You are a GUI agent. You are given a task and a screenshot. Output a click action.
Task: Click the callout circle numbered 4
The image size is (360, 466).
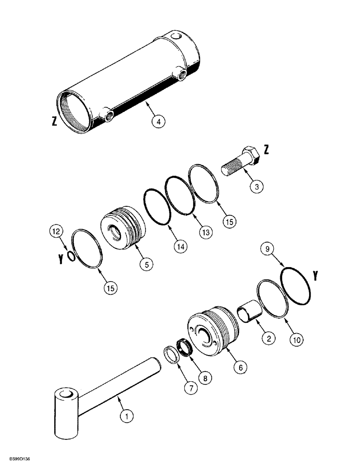coord(159,122)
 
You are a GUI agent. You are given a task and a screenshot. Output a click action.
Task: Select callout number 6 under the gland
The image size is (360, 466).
coord(240,367)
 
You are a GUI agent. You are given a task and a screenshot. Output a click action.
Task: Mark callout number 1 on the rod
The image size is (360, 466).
coord(124,416)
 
